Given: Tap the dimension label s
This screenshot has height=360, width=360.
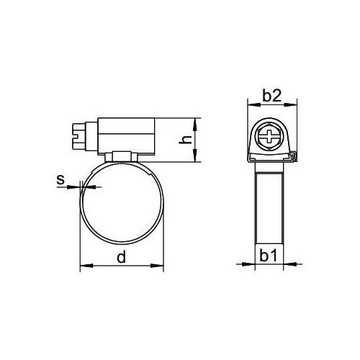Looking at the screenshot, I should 61,181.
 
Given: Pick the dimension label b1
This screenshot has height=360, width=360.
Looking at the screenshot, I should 271,257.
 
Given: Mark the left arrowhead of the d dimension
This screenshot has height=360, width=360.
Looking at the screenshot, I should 83,267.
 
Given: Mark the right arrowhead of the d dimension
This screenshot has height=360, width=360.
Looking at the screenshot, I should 162,267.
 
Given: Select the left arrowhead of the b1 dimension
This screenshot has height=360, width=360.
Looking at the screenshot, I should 254,267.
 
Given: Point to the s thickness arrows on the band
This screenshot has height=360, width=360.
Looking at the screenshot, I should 80,193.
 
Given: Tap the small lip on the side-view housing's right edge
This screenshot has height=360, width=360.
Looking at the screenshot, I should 300,155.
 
